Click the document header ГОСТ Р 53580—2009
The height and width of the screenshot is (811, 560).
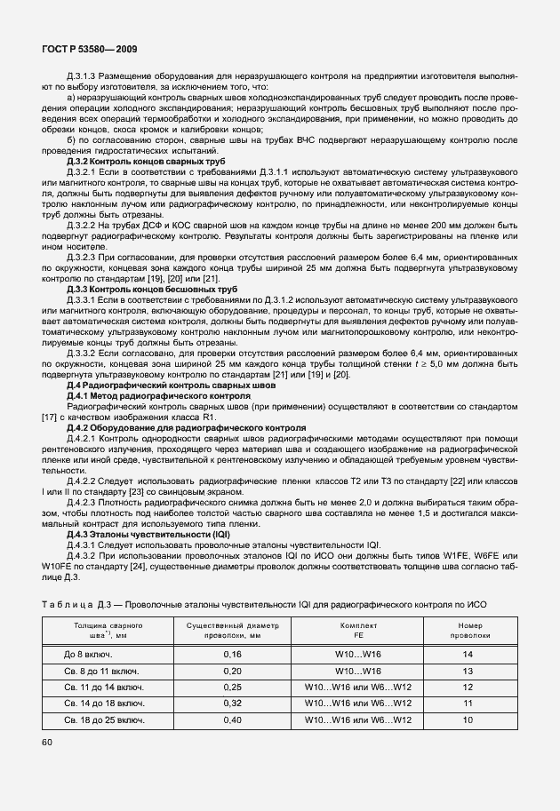pyautogui.click(x=88, y=50)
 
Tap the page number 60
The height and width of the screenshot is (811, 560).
pyautogui.click(x=47, y=742)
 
